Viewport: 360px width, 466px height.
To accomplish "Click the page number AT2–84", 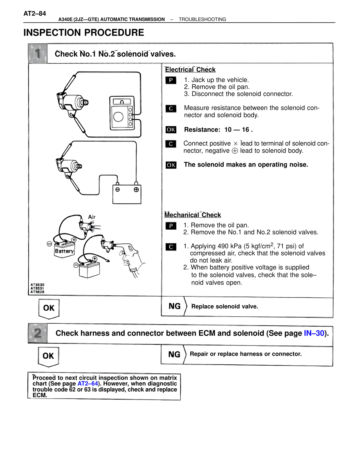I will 35,14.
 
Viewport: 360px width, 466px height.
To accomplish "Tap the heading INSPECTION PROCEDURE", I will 84,33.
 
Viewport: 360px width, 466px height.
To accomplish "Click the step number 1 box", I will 38,53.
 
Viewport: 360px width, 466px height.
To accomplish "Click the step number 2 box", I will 38,333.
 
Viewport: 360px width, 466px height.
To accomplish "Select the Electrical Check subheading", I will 190,70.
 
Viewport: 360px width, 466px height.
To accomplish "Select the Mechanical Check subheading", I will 193,215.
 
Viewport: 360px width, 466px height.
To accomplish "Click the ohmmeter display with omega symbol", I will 122,102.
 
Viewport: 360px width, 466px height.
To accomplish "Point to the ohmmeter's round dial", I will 118,116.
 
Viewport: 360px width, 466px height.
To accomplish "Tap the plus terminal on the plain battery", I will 136,190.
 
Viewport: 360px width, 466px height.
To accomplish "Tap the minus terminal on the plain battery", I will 118,190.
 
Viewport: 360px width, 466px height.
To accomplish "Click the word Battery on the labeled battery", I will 64,251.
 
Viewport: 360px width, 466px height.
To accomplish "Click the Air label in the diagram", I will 92,217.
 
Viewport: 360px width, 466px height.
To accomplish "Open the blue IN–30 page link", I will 314,333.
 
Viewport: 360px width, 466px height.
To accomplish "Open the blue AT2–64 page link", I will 88,384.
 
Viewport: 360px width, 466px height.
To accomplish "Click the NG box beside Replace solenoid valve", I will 174,306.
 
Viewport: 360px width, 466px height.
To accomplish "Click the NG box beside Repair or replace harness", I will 174,355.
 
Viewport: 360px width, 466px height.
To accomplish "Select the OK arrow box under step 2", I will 48,356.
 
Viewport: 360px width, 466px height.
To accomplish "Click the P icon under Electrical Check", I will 171,80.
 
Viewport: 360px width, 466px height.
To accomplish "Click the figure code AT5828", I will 37,292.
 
